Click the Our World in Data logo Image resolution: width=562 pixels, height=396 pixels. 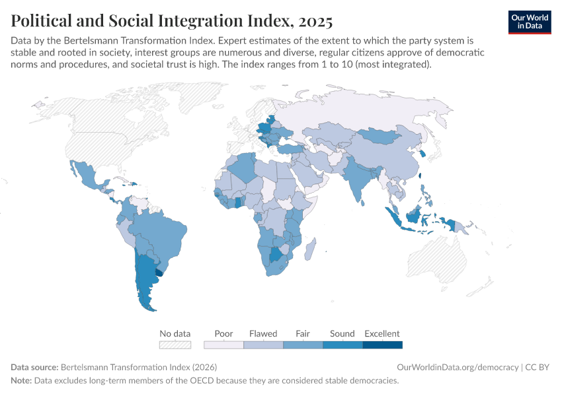tap(529, 22)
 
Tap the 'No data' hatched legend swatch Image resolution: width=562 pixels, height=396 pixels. tap(175, 345)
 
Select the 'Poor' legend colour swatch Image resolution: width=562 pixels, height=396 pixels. tap(223, 345)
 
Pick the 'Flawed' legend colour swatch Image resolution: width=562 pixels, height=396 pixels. tap(263, 345)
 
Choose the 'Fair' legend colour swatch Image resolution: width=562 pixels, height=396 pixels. tap(303, 345)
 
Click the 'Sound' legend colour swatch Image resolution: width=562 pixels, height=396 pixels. tap(342, 345)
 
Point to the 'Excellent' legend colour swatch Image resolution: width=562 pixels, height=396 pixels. tap(382, 345)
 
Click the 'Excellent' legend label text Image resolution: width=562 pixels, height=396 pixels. tap(382, 333)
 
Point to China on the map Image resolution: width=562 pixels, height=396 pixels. tap(390, 158)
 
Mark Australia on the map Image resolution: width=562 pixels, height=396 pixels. tap(443, 257)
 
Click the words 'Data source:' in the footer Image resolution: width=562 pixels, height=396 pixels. tap(34, 367)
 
